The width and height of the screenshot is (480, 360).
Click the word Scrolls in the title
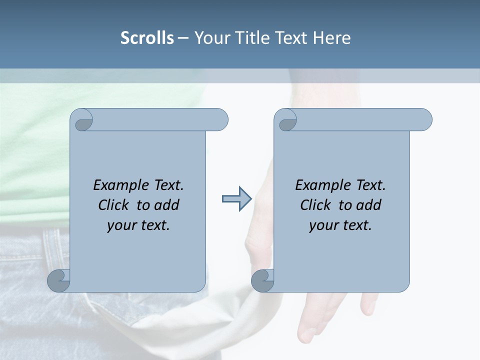(x=147, y=38)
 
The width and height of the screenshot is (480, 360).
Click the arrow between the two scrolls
(x=237, y=199)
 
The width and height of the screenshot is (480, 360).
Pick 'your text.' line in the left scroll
(x=138, y=225)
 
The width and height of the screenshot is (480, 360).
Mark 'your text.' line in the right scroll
(x=340, y=225)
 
